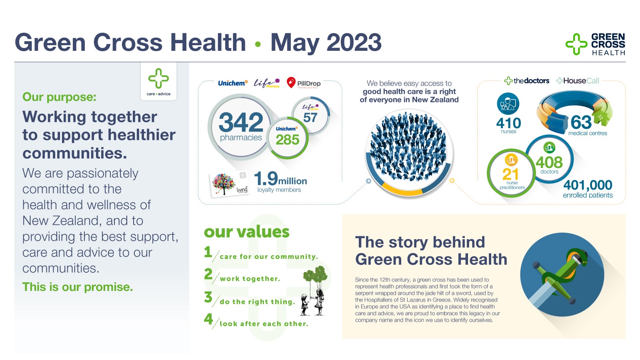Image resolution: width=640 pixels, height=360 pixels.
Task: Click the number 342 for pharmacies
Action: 241,122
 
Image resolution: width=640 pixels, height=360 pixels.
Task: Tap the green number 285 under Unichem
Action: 288,140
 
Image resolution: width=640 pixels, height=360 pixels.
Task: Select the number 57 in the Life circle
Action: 310,118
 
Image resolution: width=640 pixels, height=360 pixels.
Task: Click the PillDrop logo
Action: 304,83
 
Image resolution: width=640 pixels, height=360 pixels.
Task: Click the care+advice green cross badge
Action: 158,82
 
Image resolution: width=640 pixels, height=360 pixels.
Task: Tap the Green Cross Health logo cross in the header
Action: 576,44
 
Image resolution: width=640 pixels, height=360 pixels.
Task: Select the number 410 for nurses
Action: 508,124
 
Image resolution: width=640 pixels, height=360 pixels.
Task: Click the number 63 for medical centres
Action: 581,122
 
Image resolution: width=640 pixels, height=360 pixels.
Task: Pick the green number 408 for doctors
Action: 549,162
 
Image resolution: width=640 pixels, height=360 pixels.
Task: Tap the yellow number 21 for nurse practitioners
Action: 510,174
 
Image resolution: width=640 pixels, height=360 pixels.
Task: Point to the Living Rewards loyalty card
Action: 230,184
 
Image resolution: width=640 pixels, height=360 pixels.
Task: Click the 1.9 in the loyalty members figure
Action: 266,178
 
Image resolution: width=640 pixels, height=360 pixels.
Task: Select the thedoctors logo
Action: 526,81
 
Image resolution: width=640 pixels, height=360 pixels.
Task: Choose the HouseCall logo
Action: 578,81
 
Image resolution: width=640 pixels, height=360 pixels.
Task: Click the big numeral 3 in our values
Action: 208,297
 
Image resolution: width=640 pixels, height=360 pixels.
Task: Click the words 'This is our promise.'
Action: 78,287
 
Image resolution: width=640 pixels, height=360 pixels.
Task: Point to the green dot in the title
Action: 258,44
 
